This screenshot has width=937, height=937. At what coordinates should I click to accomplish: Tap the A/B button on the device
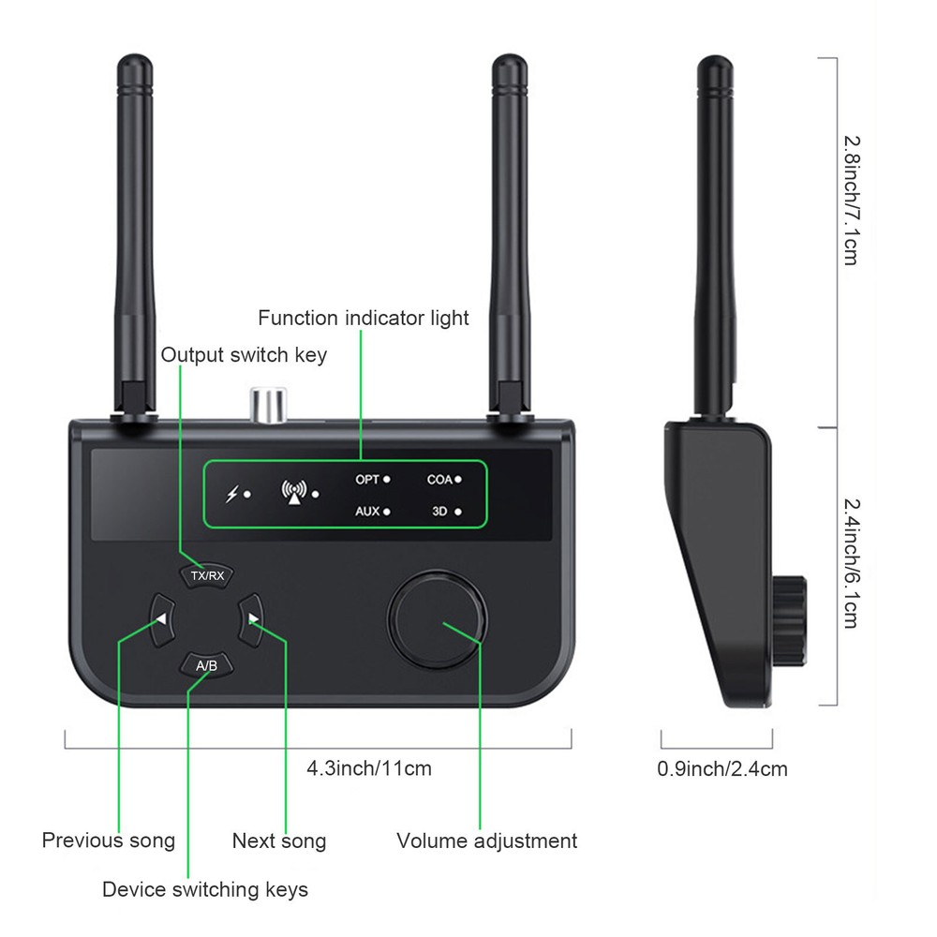[207, 665]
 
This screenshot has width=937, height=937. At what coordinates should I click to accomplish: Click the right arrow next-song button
[251, 618]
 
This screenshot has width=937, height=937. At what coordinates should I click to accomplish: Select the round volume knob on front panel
[437, 617]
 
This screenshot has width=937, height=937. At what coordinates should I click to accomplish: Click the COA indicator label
[439, 479]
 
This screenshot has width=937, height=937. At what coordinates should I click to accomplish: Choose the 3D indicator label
[441, 512]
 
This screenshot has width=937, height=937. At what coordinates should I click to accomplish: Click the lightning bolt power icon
[231, 494]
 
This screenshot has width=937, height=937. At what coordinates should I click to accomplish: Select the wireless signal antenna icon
[295, 493]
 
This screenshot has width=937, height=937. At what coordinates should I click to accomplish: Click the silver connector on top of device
[266, 405]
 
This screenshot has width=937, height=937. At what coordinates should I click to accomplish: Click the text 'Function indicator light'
[364, 319]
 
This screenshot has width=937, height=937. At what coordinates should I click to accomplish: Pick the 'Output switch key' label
[244, 355]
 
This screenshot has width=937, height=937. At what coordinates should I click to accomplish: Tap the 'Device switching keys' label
[204, 888]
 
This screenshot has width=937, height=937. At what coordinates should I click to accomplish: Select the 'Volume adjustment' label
[486, 840]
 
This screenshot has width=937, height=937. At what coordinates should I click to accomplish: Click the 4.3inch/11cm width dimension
[369, 768]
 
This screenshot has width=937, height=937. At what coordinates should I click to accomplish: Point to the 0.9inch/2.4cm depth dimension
[721, 769]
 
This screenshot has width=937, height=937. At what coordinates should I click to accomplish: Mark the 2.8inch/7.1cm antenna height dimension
[850, 200]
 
